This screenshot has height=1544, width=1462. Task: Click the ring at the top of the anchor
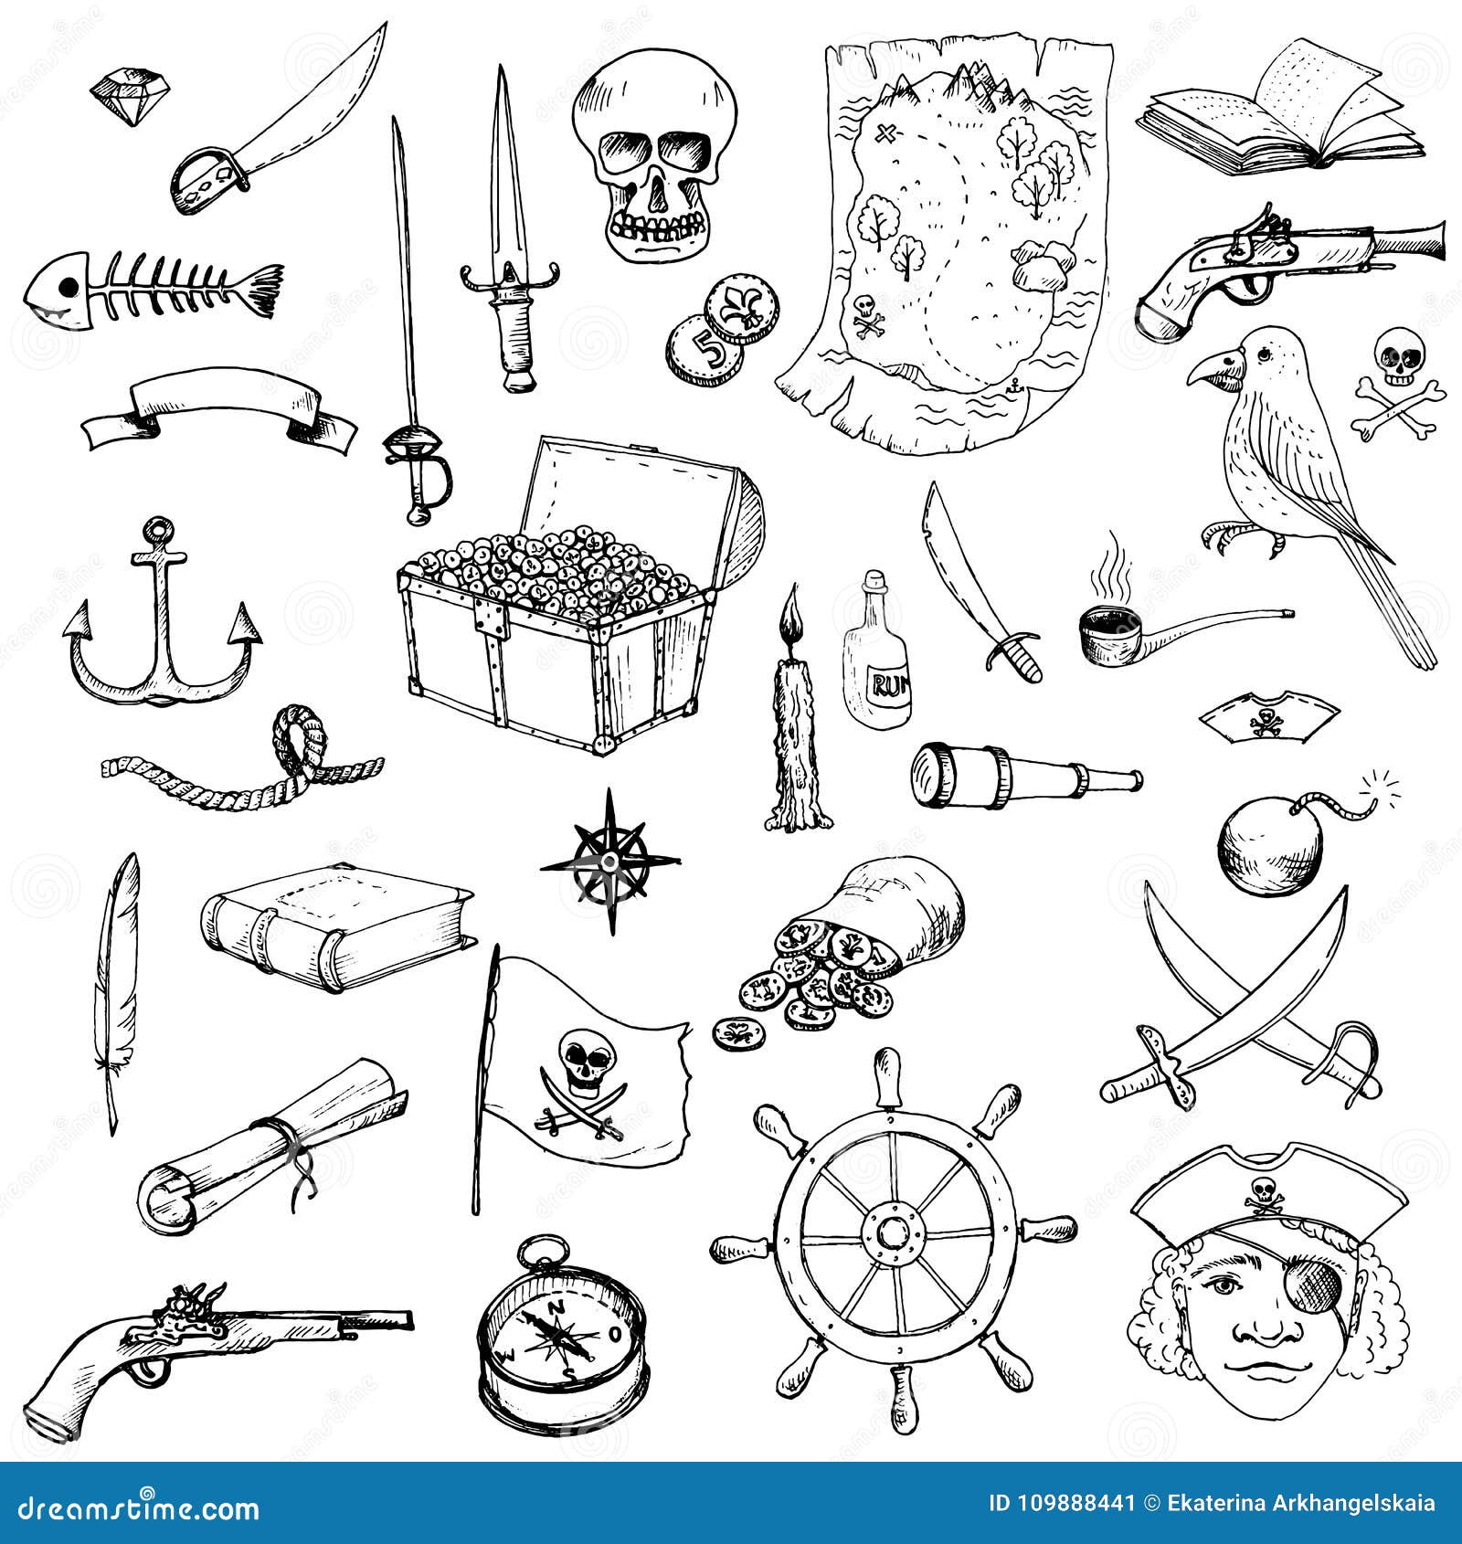(x=159, y=529)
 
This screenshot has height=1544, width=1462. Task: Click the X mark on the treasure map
(x=885, y=135)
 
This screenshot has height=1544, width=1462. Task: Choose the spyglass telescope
(x=1023, y=775)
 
